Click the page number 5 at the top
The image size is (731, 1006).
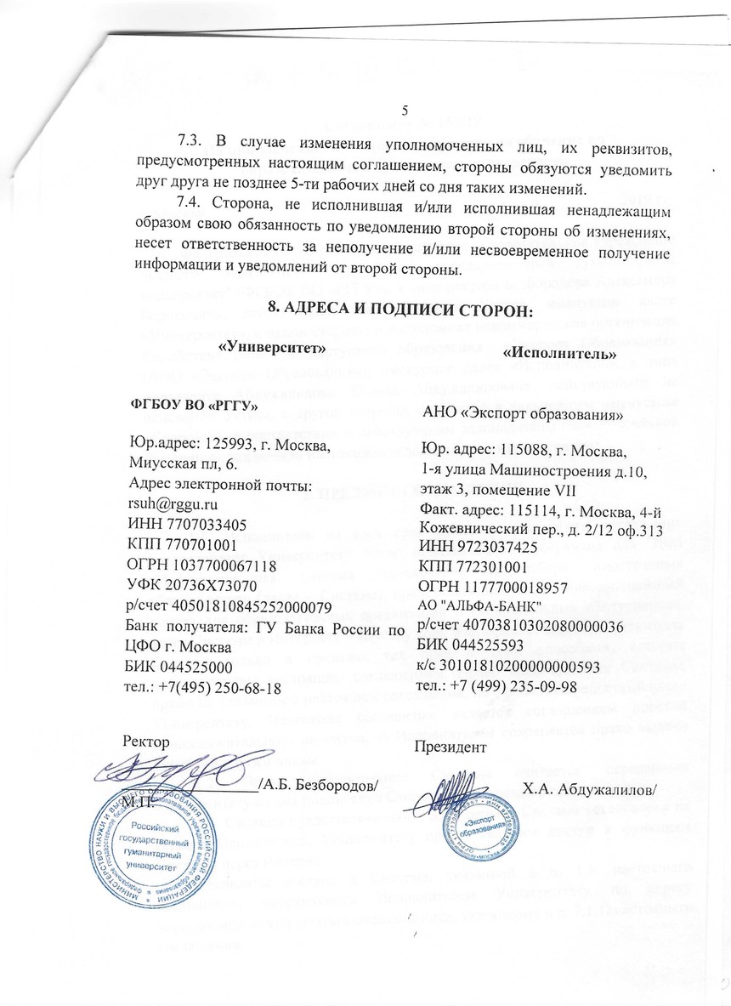pos(405,110)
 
